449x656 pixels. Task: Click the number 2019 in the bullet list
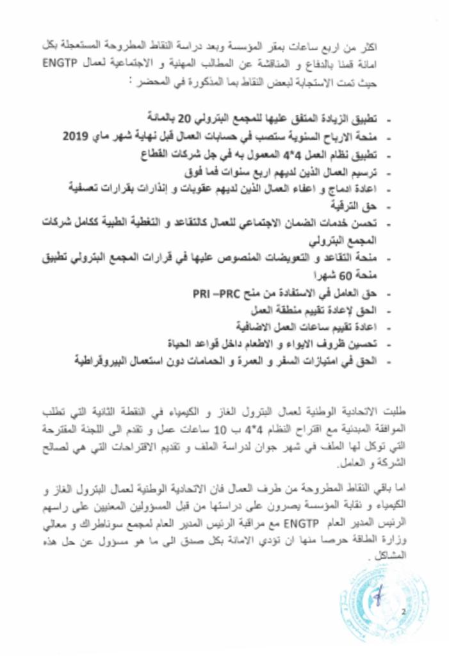pyautogui.click(x=76, y=136)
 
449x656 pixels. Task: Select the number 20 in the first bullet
pyautogui.click(x=184, y=119)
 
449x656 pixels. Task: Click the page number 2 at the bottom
pyautogui.click(x=403, y=612)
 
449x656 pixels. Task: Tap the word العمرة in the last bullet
pyautogui.click(x=240, y=361)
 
